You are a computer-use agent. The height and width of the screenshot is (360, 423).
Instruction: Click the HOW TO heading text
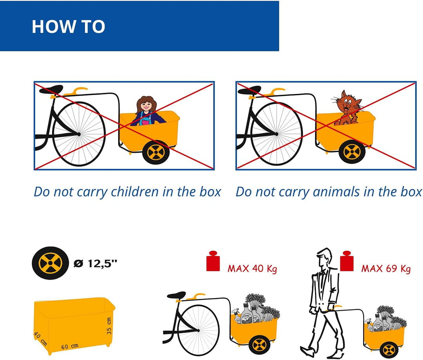pos(69,27)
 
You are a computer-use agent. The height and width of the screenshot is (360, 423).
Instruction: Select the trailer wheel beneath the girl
pos(155,152)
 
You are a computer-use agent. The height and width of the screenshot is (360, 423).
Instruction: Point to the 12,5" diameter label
pos(96,263)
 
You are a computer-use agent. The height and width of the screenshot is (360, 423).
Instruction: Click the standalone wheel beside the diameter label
pos(51,262)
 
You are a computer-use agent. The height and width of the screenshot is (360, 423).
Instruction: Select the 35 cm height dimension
pos(109,326)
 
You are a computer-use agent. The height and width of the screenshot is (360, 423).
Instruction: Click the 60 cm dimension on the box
pos(70,346)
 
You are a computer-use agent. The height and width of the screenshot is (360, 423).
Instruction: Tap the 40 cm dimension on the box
pos(40,339)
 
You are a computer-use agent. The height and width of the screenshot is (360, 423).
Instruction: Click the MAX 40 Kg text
pos(252,268)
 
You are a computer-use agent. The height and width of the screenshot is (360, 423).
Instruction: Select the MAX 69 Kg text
pos(386,268)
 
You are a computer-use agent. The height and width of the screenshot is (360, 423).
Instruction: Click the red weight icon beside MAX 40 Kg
pos(213,261)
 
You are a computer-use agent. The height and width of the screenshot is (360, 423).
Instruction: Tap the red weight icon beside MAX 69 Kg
pos(347,261)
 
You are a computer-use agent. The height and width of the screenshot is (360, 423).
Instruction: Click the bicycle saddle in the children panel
pos(51,89)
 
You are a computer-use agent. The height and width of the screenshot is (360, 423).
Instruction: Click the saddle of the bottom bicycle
pos(176,295)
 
